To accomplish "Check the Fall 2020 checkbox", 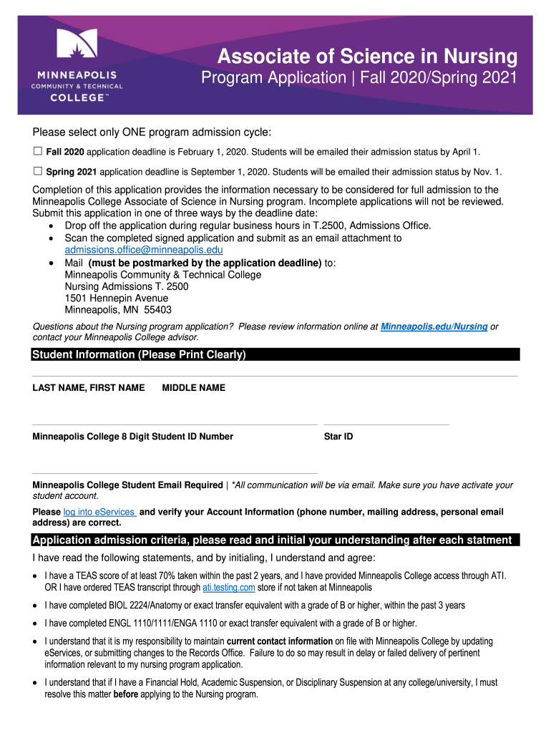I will click(x=38, y=152).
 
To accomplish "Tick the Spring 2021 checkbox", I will click(x=38, y=171).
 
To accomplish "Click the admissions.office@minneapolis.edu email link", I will click(x=144, y=250).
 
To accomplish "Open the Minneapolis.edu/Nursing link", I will click(x=434, y=326).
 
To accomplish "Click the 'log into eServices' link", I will click(x=99, y=512).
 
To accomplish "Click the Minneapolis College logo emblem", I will click(x=77, y=47).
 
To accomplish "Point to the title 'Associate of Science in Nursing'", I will click(x=367, y=56).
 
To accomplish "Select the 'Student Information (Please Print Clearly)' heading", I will click(x=139, y=355).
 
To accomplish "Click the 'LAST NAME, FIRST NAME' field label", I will click(x=89, y=388).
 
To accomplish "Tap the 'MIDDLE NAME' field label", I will click(x=194, y=388).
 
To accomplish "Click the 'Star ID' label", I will click(x=338, y=437).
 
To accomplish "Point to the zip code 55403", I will click(x=157, y=310).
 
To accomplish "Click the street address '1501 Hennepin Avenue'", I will click(x=117, y=298).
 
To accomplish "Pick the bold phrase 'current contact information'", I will click(x=279, y=641).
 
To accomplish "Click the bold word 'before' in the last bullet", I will click(x=126, y=694).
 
